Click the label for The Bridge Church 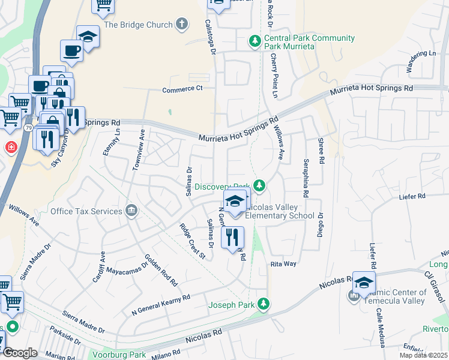click(x=138, y=25)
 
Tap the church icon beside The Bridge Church click(x=182, y=25)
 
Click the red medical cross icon click(x=11, y=147)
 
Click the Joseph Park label click(x=231, y=305)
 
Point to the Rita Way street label click(x=284, y=263)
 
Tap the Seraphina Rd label click(x=306, y=178)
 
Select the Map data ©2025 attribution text click(x=423, y=355)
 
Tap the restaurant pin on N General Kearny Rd click(x=233, y=238)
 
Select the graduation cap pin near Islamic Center click(x=364, y=282)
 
